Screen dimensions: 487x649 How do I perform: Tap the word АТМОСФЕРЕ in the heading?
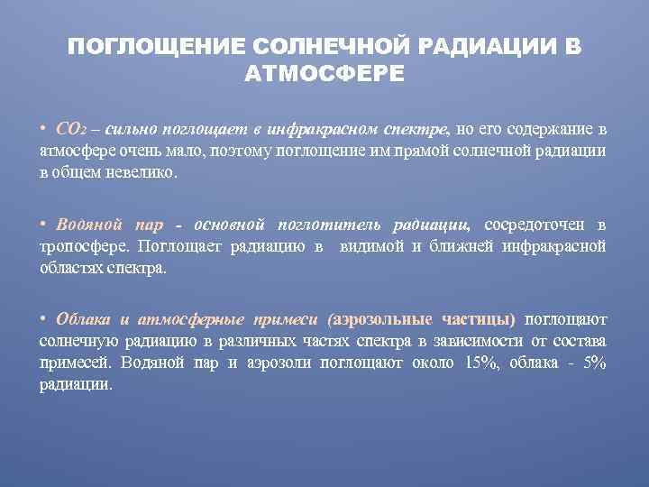(x=324, y=73)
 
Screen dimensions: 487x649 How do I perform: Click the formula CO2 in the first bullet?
(x=70, y=128)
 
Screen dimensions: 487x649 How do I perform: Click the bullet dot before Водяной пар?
(x=42, y=223)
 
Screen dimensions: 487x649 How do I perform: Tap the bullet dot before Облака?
(x=42, y=318)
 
